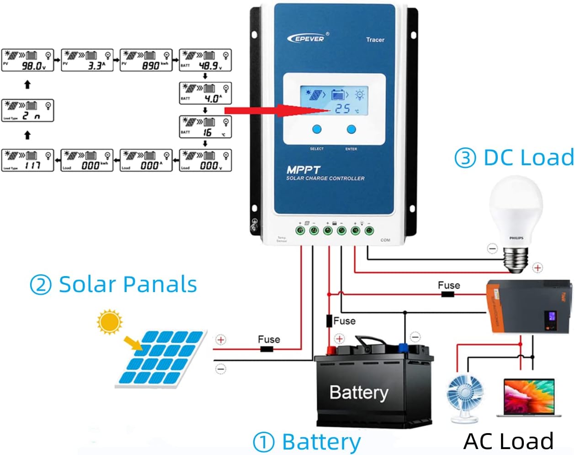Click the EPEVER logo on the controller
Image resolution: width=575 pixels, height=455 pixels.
(x=306, y=38)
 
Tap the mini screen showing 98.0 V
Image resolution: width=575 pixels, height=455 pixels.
(x=27, y=60)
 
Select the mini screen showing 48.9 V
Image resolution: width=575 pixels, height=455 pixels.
(x=205, y=60)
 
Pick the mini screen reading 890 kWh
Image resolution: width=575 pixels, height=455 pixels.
(x=146, y=60)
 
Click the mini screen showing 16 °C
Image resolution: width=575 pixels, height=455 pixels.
(x=205, y=127)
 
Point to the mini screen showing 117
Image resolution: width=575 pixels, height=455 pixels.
(x=27, y=160)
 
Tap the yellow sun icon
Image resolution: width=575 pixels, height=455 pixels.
(x=110, y=322)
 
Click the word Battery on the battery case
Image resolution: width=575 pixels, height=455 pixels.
(x=359, y=392)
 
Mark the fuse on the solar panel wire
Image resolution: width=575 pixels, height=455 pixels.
(x=266, y=349)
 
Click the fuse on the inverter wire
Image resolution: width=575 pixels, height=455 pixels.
(x=447, y=294)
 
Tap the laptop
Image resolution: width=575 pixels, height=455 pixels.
(x=529, y=397)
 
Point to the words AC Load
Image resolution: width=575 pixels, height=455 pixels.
(x=508, y=441)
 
